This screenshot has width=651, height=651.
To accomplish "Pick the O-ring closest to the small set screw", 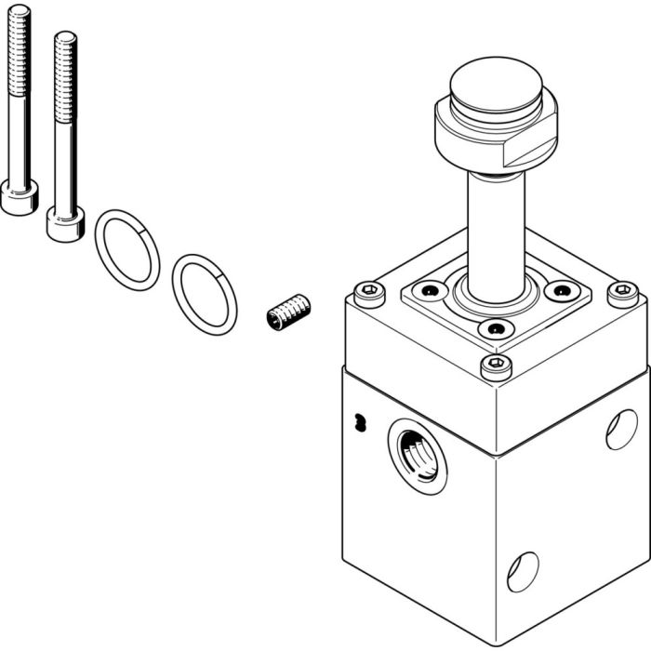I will (x=205, y=292).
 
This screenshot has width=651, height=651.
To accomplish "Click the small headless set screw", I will (x=287, y=312).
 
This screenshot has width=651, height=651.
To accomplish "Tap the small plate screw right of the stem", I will (x=560, y=291).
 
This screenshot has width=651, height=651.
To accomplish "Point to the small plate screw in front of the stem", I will (x=494, y=328).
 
